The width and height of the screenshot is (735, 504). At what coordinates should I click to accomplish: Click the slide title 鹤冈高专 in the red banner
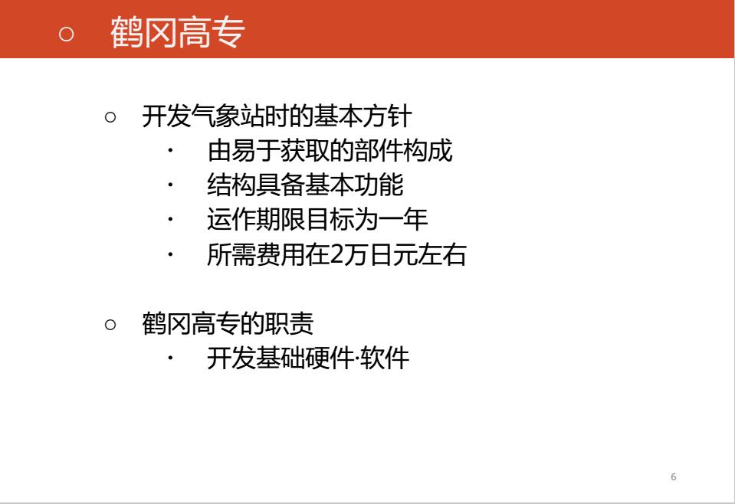(177, 32)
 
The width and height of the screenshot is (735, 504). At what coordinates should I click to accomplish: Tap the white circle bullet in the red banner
(66, 34)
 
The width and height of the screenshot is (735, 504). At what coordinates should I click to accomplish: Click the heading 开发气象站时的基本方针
(277, 116)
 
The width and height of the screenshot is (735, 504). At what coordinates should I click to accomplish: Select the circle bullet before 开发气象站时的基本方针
(110, 116)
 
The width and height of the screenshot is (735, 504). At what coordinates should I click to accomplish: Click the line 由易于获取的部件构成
(330, 150)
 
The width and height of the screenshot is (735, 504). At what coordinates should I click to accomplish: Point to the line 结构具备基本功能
(305, 185)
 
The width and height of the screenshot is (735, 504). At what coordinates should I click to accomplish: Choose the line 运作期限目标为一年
(317, 219)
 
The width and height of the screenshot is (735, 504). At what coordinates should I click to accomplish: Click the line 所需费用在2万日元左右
(336, 254)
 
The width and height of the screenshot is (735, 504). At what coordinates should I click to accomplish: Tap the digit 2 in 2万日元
(337, 255)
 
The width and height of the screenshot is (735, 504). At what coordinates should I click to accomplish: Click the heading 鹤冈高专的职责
(228, 324)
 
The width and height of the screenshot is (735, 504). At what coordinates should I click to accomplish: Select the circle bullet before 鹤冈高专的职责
(110, 324)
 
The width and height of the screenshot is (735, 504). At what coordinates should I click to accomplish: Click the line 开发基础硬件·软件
(308, 358)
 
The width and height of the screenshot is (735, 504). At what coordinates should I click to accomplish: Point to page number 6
(674, 477)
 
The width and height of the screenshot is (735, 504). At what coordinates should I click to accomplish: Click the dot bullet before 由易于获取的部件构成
(171, 150)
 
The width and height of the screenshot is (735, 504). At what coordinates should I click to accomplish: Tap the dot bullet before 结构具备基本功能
(171, 185)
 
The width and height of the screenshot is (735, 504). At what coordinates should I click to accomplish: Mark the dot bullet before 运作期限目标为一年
(171, 219)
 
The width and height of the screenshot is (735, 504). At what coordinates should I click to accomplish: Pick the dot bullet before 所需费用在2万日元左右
(171, 254)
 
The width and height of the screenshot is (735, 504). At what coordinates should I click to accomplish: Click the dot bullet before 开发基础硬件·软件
(171, 358)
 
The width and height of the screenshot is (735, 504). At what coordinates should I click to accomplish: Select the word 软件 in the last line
(385, 358)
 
